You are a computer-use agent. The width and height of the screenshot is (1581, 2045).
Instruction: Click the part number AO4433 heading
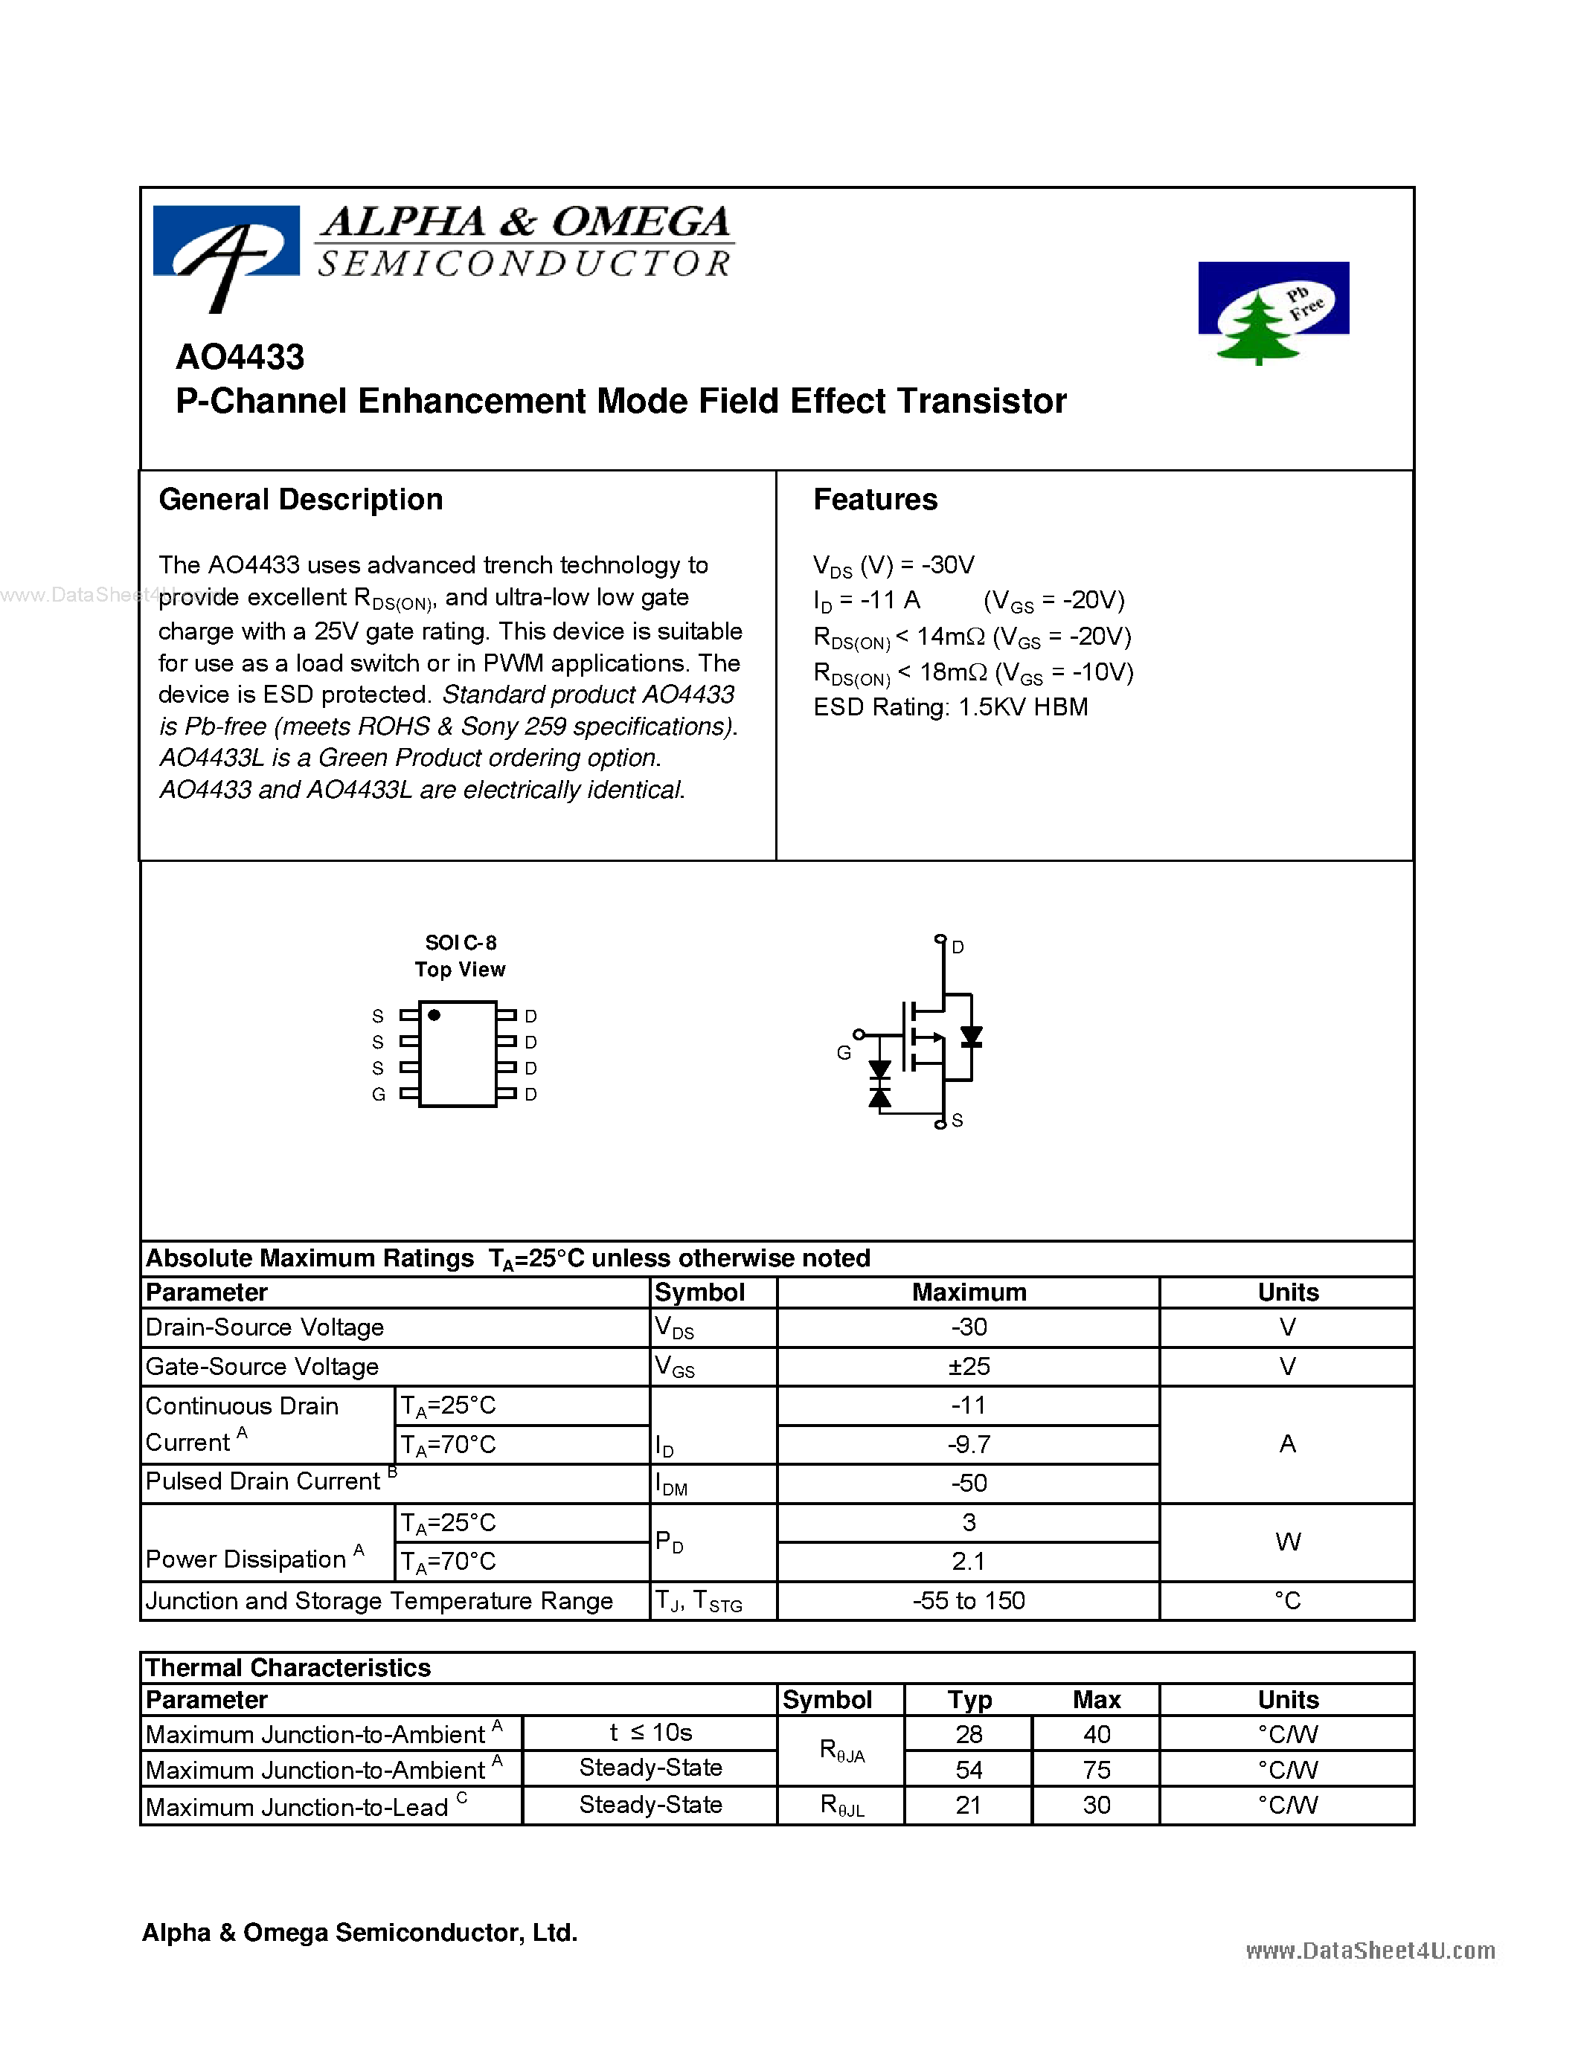click(x=240, y=358)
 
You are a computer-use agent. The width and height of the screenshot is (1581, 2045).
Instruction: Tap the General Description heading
click(x=301, y=500)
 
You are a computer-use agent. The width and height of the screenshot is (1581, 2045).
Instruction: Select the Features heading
click(x=875, y=500)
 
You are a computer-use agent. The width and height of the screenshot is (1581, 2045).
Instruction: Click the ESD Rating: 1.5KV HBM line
click(x=950, y=707)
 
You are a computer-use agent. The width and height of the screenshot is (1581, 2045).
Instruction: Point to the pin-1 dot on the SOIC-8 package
click(x=434, y=1015)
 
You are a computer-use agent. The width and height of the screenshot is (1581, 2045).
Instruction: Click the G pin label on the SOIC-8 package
click(x=379, y=1094)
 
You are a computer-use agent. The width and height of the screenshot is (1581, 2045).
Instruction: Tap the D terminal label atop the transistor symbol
click(x=958, y=947)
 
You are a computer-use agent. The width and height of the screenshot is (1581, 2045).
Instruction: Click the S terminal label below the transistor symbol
click(x=958, y=1120)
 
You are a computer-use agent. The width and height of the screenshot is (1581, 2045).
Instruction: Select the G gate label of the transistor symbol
click(x=843, y=1052)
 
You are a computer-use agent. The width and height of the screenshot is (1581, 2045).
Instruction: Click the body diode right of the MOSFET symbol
click(x=971, y=1037)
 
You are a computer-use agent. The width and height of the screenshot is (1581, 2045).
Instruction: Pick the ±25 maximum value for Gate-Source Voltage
click(x=969, y=1366)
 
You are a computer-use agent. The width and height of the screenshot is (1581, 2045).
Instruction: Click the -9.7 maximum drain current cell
click(x=969, y=1445)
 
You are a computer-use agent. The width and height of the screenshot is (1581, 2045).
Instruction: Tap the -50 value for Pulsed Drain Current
click(x=969, y=1484)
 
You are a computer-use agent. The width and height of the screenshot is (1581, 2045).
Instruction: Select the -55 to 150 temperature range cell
click(x=969, y=1600)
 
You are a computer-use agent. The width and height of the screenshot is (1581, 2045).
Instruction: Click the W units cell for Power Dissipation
click(x=1287, y=1542)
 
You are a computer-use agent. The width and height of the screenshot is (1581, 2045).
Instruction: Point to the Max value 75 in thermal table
click(x=1096, y=1770)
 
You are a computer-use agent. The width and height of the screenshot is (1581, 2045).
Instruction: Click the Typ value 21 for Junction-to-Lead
click(x=969, y=1806)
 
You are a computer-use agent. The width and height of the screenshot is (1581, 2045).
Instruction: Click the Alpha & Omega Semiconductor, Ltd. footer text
click(x=359, y=1933)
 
